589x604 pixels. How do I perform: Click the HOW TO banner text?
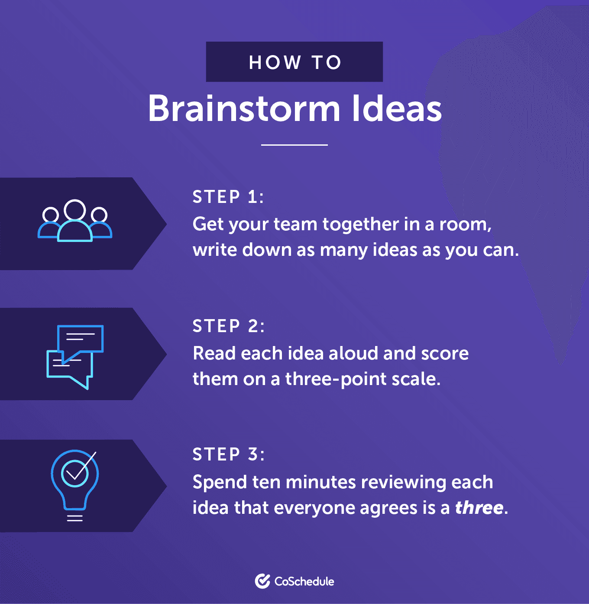(x=295, y=62)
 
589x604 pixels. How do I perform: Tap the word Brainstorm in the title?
(x=244, y=109)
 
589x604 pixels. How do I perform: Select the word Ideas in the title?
(x=397, y=109)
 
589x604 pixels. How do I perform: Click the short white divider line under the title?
(x=294, y=145)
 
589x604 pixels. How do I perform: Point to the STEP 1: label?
(x=228, y=197)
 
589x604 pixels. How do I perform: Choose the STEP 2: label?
(x=229, y=326)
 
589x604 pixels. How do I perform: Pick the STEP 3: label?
(x=229, y=454)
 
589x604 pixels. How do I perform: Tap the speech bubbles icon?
(x=75, y=357)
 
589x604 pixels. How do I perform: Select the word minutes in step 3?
(x=320, y=482)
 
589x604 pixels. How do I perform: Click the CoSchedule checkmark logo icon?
(x=262, y=581)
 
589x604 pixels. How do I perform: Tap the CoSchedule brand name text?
(x=304, y=581)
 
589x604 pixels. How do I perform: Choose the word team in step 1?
(x=295, y=224)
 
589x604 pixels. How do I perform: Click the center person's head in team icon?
(x=75, y=210)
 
